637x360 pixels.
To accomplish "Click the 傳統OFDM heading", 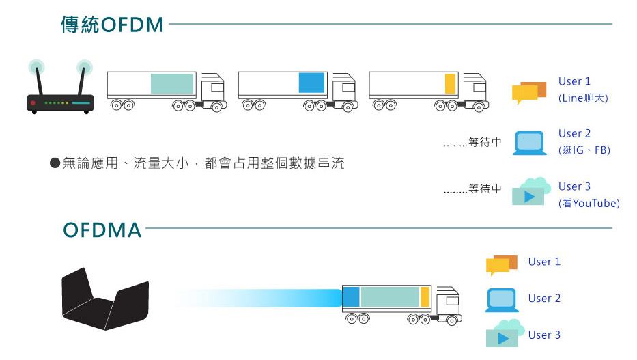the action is pyautogui.click(x=112, y=25).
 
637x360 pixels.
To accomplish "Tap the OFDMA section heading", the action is pyautogui.click(x=102, y=230).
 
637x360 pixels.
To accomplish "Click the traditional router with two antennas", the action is pyautogui.click(x=60, y=87).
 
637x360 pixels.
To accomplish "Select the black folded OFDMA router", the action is pyautogui.click(x=105, y=299).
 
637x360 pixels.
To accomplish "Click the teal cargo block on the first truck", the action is pyautogui.click(x=172, y=83).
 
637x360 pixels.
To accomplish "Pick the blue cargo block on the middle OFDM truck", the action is pyautogui.click(x=311, y=83).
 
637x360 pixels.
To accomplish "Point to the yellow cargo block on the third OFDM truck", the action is pyautogui.click(x=450, y=84).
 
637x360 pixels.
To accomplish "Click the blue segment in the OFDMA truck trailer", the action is pyautogui.click(x=352, y=296).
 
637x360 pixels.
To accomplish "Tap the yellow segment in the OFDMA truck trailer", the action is pyautogui.click(x=425, y=296).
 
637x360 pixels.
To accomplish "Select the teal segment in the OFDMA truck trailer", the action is pyautogui.click(x=390, y=296).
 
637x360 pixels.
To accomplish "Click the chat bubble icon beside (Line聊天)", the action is pyautogui.click(x=529, y=93).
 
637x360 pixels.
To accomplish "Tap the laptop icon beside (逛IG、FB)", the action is pyautogui.click(x=529, y=143).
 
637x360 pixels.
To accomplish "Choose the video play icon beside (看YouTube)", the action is pyautogui.click(x=531, y=191).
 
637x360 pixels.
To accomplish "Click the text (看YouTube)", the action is pyautogui.click(x=589, y=203).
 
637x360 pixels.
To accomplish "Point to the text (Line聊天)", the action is pyautogui.click(x=583, y=98).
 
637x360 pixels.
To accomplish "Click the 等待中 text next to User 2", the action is pyautogui.click(x=485, y=142).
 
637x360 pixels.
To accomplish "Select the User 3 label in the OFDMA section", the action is pyautogui.click(x=544, y=335).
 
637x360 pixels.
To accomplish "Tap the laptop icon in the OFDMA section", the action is pyautogui.click(x=502, y=300).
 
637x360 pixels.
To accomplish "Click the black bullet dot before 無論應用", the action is pyautogui.click(x=55, y=163).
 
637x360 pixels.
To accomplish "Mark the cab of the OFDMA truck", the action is pyautogui.click(x=448, y=305).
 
